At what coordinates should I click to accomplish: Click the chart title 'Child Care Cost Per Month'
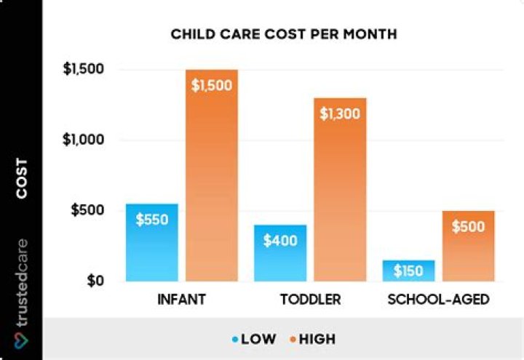(283, 34)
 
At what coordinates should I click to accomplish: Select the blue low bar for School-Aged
(408, 271)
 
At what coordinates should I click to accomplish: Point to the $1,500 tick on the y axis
(86, 70)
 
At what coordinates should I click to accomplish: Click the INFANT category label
(181, 300)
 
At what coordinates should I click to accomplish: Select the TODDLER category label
(310, 300)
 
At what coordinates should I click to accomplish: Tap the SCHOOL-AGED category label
(438, 300)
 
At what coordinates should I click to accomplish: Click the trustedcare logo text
(22, 284)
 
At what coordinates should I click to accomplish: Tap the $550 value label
(151, 218)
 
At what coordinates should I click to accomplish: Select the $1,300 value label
(340, 113)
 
